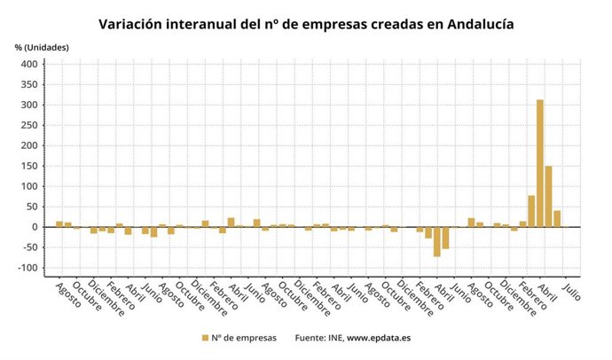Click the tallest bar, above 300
point(540,163)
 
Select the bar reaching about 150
point(549,196)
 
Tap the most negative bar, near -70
point(437,241)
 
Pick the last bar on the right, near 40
point(557,218)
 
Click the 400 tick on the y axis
point(28,65)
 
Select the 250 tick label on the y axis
point(28,126)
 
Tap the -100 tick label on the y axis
point(27,268)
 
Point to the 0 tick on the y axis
point(35,227)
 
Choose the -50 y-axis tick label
point(28,247)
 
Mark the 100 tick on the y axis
point(28,186)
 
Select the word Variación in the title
point(133,23)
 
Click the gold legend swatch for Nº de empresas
point(205,338)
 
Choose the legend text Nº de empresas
point(245,338)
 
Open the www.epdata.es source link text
point(382,338)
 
